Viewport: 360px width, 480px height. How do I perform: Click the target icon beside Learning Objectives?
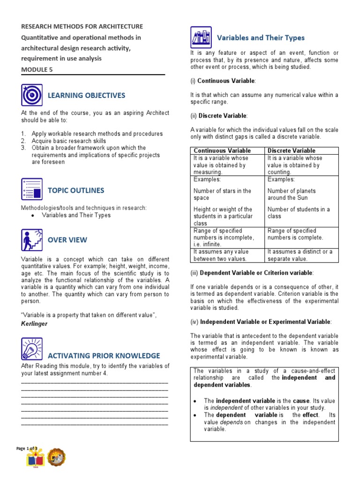click(31, 95)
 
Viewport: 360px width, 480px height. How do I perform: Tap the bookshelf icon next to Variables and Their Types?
click(201, 37)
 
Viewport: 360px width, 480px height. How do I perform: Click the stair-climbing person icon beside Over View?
click(31, 240)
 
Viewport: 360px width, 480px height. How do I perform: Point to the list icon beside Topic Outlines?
click(31, 189)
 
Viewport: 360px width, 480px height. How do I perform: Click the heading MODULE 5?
click(37, 69)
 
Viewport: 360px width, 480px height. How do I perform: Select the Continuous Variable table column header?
click(222, 150)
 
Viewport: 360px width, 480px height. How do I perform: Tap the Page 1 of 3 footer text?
click(27, 449)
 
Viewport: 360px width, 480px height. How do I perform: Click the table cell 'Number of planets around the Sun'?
click(292, 194)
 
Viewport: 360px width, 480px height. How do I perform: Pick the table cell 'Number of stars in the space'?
click(222, 194)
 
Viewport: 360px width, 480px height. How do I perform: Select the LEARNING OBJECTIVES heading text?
click(86, 96)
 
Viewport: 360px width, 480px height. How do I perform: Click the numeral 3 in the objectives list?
click(23, 148)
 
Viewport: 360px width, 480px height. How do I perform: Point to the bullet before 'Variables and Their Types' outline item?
click(32, 215)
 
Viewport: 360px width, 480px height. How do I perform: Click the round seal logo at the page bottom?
click(57, 457)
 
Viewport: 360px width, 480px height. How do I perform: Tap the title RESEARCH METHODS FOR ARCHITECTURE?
click(82, 27)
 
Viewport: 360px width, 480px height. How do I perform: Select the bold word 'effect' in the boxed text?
click(310, 415)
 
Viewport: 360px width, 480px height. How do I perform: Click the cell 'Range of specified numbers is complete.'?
click(292, 234)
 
